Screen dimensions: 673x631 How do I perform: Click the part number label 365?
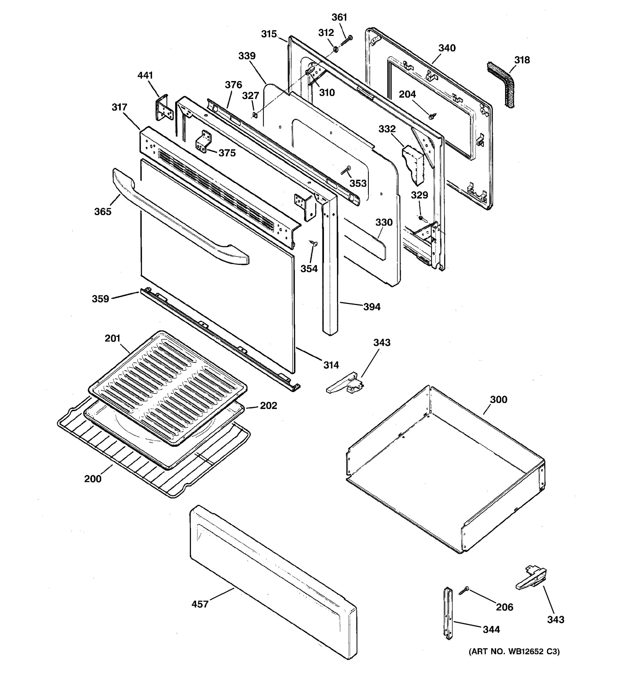[103, 212]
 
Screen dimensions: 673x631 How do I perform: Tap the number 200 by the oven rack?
[93, 479]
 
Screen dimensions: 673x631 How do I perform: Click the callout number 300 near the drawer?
[499, 400]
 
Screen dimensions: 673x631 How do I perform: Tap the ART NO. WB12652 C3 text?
[514, 651]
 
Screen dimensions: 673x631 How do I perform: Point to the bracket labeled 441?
[164, 108]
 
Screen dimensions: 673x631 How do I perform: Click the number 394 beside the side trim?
[372, 307]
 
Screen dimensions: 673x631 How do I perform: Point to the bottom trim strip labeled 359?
[217, 338]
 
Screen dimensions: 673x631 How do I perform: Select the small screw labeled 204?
[431, 116]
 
